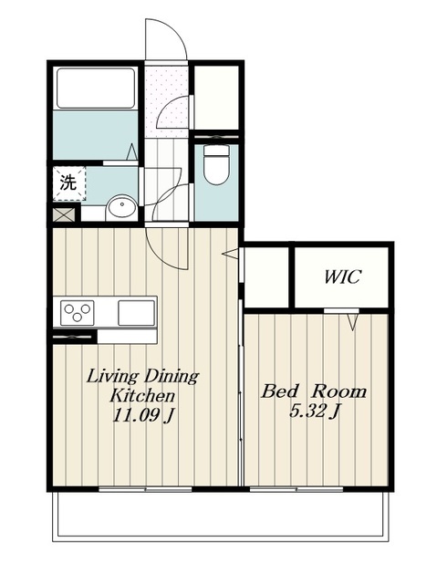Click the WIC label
342,276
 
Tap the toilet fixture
216,164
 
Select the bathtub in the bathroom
95,89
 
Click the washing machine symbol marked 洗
69,183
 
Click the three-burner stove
78,312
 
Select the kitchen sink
136,312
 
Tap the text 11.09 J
143,416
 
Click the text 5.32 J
315,412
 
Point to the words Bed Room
314,391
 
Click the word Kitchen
142,395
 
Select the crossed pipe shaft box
64,214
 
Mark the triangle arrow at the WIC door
353,321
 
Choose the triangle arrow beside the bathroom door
132,152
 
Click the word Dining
172,376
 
